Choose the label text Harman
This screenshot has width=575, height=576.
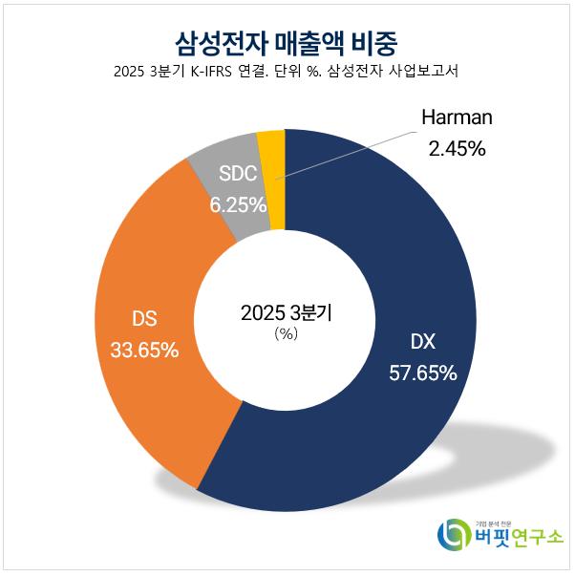pyautogui.click(x=457, y=118)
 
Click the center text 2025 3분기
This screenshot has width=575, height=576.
pyautogui.click(x=287, y=312)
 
